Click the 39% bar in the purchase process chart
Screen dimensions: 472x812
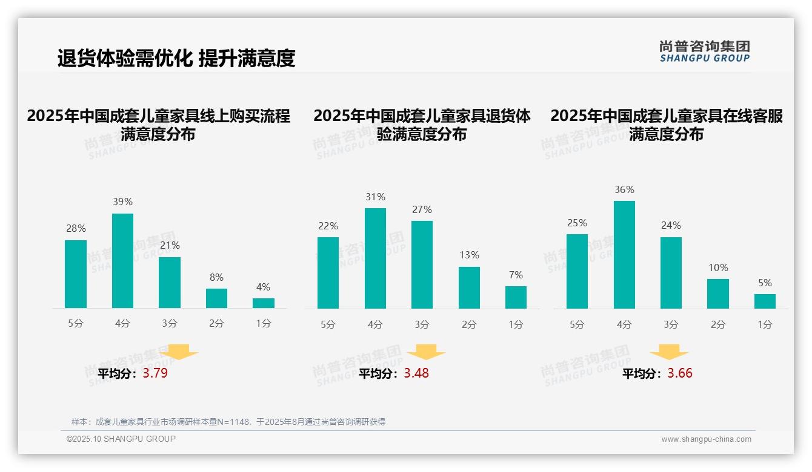click(x=122, y=261)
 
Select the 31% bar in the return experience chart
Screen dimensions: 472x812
click(x=375, y=258)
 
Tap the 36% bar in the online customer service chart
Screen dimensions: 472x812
click(x=624, y=255)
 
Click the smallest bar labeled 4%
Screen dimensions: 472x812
click(x=264, y=303)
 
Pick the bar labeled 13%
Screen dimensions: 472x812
click(x=469, y=287)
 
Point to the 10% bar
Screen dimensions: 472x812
click(x=718, y=293)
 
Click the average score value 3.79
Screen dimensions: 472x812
click(x=155, y=373)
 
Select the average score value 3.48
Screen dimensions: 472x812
click(x=416, y=373)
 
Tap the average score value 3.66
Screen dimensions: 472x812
click(x=680, y=373)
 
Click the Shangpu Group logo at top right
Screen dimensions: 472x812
click(x=704, y=51)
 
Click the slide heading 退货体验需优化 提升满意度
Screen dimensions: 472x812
click(x=176, y=58)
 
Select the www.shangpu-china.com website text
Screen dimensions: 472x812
click(x=706, y=439)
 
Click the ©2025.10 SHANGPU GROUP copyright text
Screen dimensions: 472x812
click(x=121, y=439)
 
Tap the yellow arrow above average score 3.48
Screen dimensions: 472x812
click(x=426, y=352)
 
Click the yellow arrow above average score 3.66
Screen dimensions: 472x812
click(x=669, y=352)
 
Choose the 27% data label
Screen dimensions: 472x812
click(x=422, y=210)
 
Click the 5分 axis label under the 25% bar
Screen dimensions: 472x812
click(x=577, y=325)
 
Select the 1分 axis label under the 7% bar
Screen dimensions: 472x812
click(x=516, y=325)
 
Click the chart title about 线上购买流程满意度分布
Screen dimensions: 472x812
click(x=158, y=125)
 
